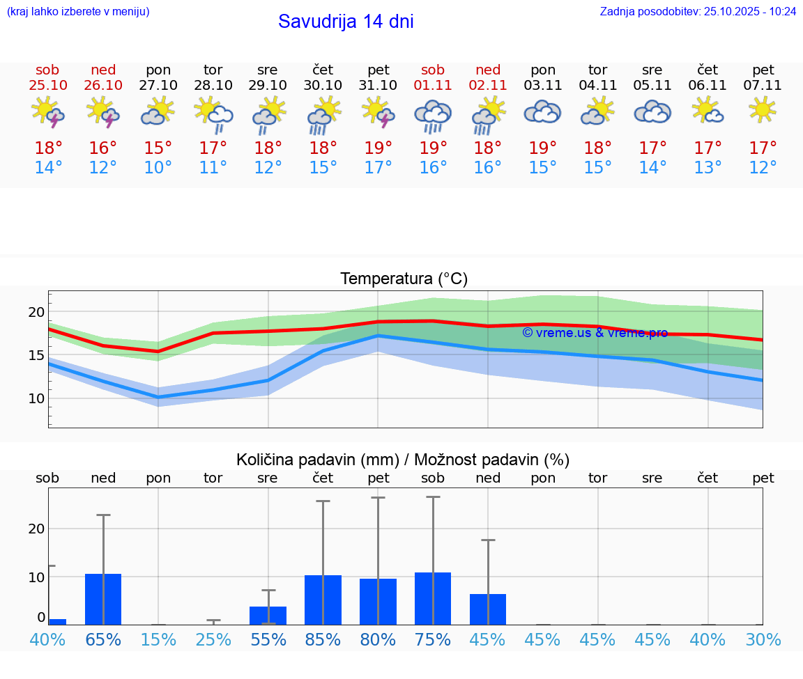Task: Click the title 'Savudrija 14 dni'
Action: point(346,22)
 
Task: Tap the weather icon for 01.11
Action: point(433,115)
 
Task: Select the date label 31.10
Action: point(378,86)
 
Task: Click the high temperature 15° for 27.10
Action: point(158,148)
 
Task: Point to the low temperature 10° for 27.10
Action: point(158,168)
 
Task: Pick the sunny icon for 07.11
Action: point(763,110)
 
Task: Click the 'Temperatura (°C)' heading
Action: point(404,279)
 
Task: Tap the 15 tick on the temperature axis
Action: point(36,355)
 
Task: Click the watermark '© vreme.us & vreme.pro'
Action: point(595,333)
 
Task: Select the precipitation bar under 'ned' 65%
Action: point(103,599)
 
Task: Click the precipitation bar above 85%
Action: point(323,600)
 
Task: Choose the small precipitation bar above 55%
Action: point(268,616)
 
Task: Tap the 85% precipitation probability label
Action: point(323,640)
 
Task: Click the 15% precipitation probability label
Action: point(158,640)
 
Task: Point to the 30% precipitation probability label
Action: point(763,640)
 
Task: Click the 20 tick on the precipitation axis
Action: point(36,529)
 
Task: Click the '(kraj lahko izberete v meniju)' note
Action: point(78,11)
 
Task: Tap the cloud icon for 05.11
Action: point(652,112)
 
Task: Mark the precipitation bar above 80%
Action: point(378,602)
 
